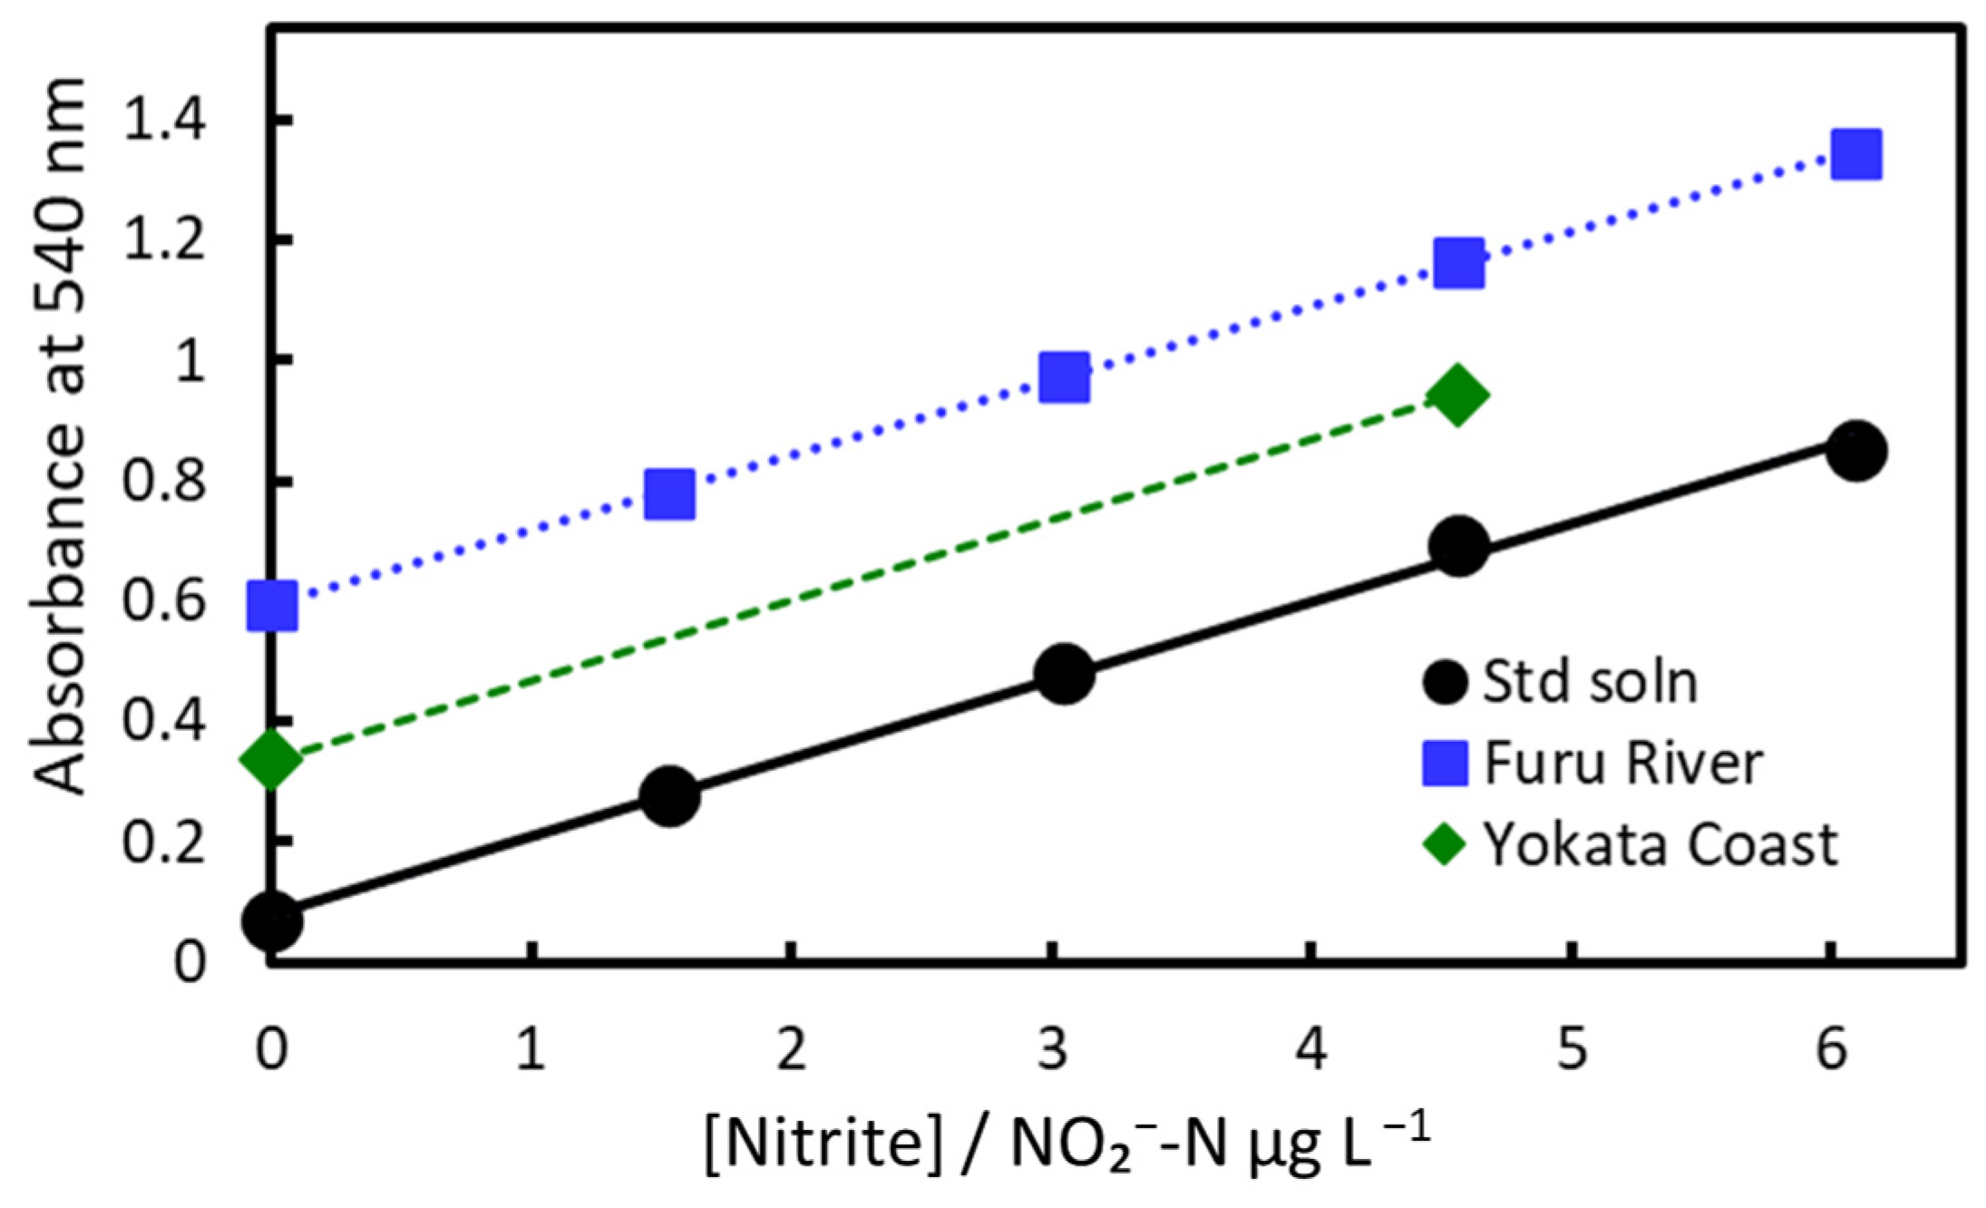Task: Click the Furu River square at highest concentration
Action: [x=1855, y=154]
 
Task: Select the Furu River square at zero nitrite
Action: [x=272, y=606]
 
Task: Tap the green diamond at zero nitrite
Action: [x=272, y=758]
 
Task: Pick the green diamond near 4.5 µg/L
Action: [x=1457, y=396]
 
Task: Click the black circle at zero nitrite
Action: [x=272, y=920]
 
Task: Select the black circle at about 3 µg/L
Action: [x=1064, y=675]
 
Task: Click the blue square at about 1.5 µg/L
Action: [x=669, y=494]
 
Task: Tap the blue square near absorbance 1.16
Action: [x=1459, y=263]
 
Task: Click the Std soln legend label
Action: [x=1590, y=682]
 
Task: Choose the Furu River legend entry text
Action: [x=1622, y=763]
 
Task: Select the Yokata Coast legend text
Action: [x=1660, y=844]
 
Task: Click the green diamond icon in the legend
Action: [x=1444, y=844]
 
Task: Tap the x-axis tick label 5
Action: [x=1572, y=1050]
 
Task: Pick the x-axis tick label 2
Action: [x=791, y=1050]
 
